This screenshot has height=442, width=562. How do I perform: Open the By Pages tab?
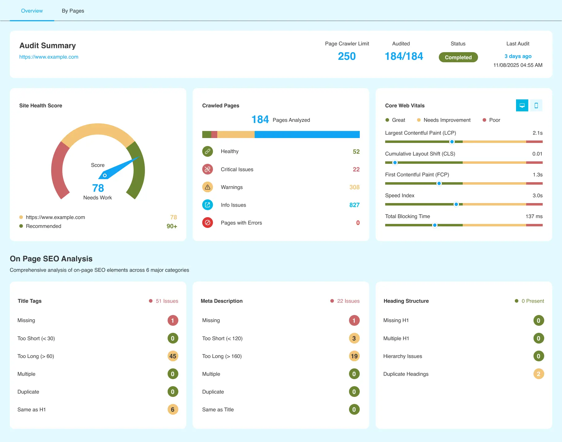73,11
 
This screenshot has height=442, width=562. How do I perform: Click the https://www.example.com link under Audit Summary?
49,57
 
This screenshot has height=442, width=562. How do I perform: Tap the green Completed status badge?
458,57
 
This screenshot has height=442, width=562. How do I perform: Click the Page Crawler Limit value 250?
347,56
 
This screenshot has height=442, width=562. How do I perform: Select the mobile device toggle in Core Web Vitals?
536,106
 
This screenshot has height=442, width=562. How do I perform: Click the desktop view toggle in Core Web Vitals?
522,106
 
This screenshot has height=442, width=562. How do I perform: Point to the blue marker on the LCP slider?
452,142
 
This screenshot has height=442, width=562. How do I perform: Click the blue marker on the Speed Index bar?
456,204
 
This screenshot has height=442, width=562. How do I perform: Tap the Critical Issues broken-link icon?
207,169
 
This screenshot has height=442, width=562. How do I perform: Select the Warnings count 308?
354,187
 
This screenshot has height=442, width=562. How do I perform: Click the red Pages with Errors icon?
207,223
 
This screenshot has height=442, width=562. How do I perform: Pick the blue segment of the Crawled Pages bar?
307,134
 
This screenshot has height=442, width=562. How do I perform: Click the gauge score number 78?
98,188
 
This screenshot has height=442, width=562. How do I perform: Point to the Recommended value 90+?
172,226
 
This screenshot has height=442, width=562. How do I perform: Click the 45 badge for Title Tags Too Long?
173,356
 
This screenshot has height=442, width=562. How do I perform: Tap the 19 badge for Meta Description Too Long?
354,356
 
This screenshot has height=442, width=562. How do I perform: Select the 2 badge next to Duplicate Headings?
538,374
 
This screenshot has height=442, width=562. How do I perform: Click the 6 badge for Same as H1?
173,409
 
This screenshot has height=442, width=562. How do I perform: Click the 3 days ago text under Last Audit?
518,56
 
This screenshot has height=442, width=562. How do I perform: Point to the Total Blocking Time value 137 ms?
534,216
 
